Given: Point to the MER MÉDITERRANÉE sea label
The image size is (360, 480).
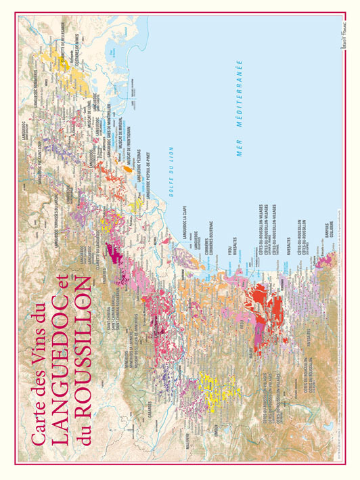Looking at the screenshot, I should point(239,109).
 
